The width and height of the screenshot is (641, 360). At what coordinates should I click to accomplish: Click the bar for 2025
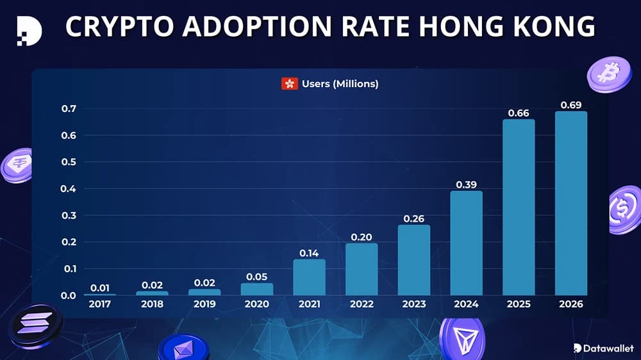519,208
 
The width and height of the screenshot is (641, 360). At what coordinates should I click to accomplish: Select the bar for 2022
362,269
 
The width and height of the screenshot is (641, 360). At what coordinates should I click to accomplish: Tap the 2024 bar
466,243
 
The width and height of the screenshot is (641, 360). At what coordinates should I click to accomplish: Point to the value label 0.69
570,104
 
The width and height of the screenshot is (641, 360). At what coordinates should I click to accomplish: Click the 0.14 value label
309,253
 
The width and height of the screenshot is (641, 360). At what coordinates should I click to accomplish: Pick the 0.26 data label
413,218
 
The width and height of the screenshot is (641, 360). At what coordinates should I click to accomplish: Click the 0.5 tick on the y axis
68,162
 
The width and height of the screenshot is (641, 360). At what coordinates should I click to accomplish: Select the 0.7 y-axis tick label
68,109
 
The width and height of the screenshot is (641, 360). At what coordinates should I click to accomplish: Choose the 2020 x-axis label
256,304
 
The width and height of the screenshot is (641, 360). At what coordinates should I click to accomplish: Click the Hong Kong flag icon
290,84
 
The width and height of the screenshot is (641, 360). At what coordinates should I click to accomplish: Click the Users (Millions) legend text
340,84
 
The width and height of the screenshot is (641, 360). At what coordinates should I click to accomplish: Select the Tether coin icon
17,165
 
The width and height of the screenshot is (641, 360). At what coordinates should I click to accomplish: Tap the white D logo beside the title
29,29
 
